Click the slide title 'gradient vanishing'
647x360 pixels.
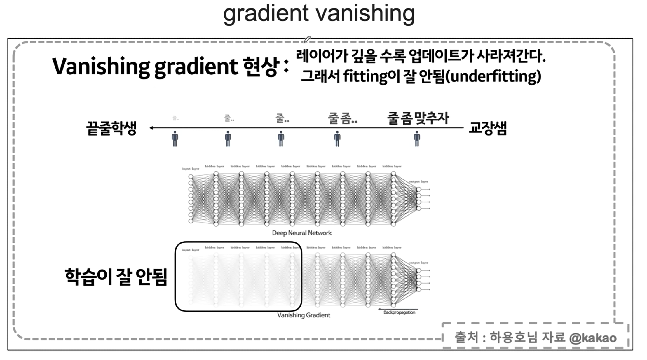tap(319, 13)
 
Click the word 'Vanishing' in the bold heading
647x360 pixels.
tap(101, 67)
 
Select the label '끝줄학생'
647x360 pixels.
tap(111, 128)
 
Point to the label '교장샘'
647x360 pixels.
tap(488, 128)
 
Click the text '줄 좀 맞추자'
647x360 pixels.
tap(418, 118)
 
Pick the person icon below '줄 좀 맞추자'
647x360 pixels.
tap(417, 139)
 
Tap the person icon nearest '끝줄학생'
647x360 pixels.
tap(175, 139)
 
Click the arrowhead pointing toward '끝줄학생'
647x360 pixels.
tap(151, 128)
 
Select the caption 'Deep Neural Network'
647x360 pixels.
tap(302, 233)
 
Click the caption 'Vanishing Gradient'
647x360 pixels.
tap(304, 315)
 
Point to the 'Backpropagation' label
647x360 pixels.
tap(399, 312)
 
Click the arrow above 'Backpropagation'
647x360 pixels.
tap(398, 309)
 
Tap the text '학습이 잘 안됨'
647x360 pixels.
tap(116, 277)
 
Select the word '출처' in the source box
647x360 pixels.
tap(466, 338)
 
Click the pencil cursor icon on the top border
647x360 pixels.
tap(307, 39)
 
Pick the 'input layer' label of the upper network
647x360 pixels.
tap(191, 169)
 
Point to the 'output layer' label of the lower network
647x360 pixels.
tap(418, 263)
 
